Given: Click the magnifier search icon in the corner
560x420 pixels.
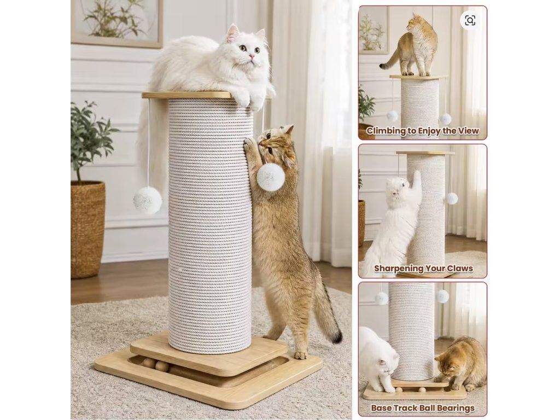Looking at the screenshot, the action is [470, 20].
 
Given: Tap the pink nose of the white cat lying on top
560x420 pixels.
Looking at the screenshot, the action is [252, 56].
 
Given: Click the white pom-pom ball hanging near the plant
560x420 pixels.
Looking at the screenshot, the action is [148, 200].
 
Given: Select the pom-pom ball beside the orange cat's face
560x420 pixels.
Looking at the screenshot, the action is [270, 176].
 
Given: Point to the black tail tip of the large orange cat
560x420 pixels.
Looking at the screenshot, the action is [336, 336].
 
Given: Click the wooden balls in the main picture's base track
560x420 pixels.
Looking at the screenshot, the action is [156, 365].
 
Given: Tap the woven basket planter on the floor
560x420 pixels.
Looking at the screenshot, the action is [87, 229].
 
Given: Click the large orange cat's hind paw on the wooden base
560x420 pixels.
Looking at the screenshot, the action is [300, 355].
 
